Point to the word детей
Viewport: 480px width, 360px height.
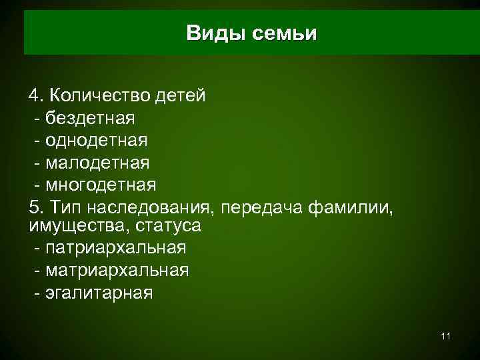pos(180,95)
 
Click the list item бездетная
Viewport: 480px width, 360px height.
pos(90,118)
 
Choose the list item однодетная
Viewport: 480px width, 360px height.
pos(97,141)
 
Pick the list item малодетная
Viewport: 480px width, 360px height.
pos(97,163)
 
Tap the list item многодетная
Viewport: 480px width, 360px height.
pos(101,185)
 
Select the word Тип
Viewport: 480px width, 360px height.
pos(63,207)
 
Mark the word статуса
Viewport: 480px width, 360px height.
pos(168,225)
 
